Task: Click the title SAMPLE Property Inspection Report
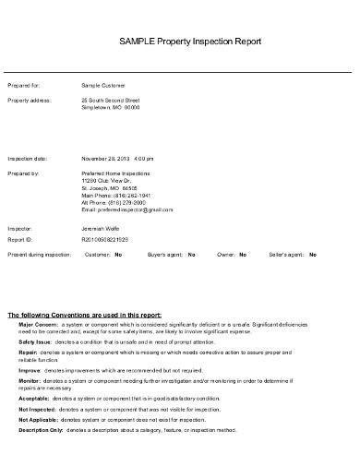point(191,42)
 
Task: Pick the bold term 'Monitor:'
point(29,378)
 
